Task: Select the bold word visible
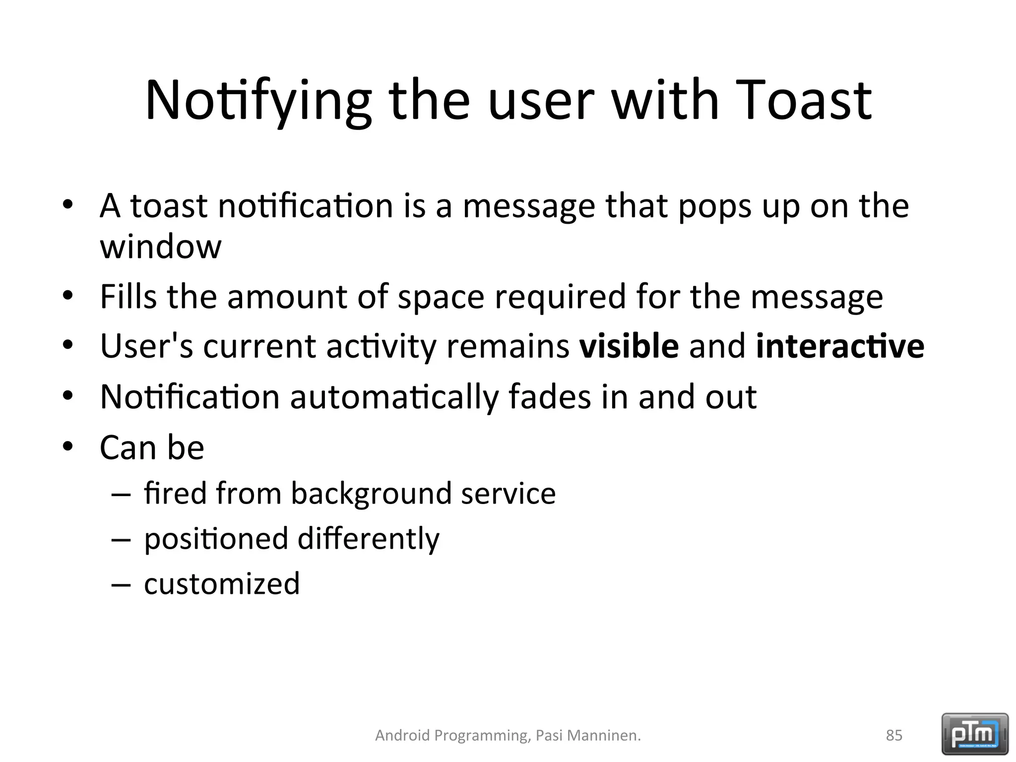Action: [629, 346]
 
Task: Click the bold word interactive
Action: [840, 346]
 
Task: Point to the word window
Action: [160, 247]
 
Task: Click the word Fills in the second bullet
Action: [128, 297]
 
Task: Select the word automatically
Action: [394, 397]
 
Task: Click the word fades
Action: [550, 397]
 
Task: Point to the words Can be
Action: [152, 447]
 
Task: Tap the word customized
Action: [222, 584]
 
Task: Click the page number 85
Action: [894, 735]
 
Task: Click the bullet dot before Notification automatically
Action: [68, 396]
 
